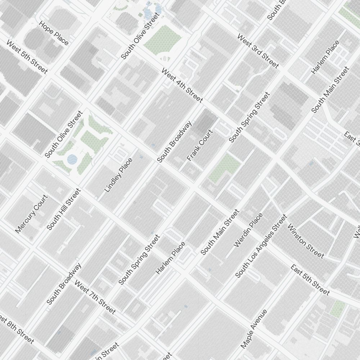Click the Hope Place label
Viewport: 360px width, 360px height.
[54, 33]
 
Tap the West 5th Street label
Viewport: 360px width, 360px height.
[27, 57]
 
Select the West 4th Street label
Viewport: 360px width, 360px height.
[182, 85]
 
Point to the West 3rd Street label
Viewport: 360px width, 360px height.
[258, 51]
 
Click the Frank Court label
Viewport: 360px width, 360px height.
[200, 145]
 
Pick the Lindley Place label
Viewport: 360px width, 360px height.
[118, 175]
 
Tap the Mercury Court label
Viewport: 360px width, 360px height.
[31, 214]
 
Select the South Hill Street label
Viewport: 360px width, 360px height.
[64, 209]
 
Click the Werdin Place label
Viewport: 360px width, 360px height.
[248, 230]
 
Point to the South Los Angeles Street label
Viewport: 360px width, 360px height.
[261, 246]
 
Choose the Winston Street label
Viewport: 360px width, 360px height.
[306, 241]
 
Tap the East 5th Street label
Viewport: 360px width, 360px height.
[310, 280]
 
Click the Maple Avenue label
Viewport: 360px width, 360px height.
[254, 329]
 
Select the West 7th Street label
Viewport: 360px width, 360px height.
[95, 297]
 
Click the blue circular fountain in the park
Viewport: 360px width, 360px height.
[72, 158]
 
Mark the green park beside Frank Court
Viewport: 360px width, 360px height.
[225, 168]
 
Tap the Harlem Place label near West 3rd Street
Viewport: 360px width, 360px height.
[325, 57]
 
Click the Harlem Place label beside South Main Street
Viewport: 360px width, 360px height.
[171, 258]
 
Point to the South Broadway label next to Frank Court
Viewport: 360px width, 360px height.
[174, 141]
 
